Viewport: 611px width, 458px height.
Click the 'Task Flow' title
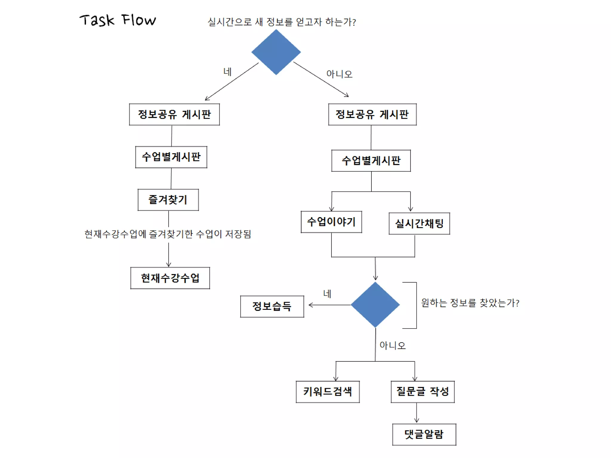pos(118,20)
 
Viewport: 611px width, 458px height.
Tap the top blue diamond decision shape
pos(276,52)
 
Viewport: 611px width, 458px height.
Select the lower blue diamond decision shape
pos(375,304)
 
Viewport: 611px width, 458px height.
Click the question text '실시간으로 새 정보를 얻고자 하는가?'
pos(282,22)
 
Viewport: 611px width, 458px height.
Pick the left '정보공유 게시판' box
pos(174,114)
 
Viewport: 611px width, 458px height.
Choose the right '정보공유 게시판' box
pos(372,114)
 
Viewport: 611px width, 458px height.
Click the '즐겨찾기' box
pos(168,200)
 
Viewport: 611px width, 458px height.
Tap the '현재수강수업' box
pos(170,278)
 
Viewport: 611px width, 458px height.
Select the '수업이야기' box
pos(331,222)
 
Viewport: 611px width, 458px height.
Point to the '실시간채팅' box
pos(419,224)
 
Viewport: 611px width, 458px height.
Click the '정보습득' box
pos(272,306)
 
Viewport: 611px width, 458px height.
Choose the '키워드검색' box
pos(328,392)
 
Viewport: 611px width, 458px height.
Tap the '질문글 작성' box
pos(422,392)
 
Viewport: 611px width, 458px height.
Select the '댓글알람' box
pos(424,434)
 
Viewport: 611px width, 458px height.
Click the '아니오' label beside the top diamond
pos(339,74)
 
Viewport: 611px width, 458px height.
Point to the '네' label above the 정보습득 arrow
pos(327,294)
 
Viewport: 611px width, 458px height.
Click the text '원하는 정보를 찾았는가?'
pos(470,303)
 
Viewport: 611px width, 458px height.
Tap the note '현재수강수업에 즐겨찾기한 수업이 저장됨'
pos(168,234)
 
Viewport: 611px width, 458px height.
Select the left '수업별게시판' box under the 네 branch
pos(171,157)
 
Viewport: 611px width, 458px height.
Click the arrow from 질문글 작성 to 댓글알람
pos(416,413)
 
